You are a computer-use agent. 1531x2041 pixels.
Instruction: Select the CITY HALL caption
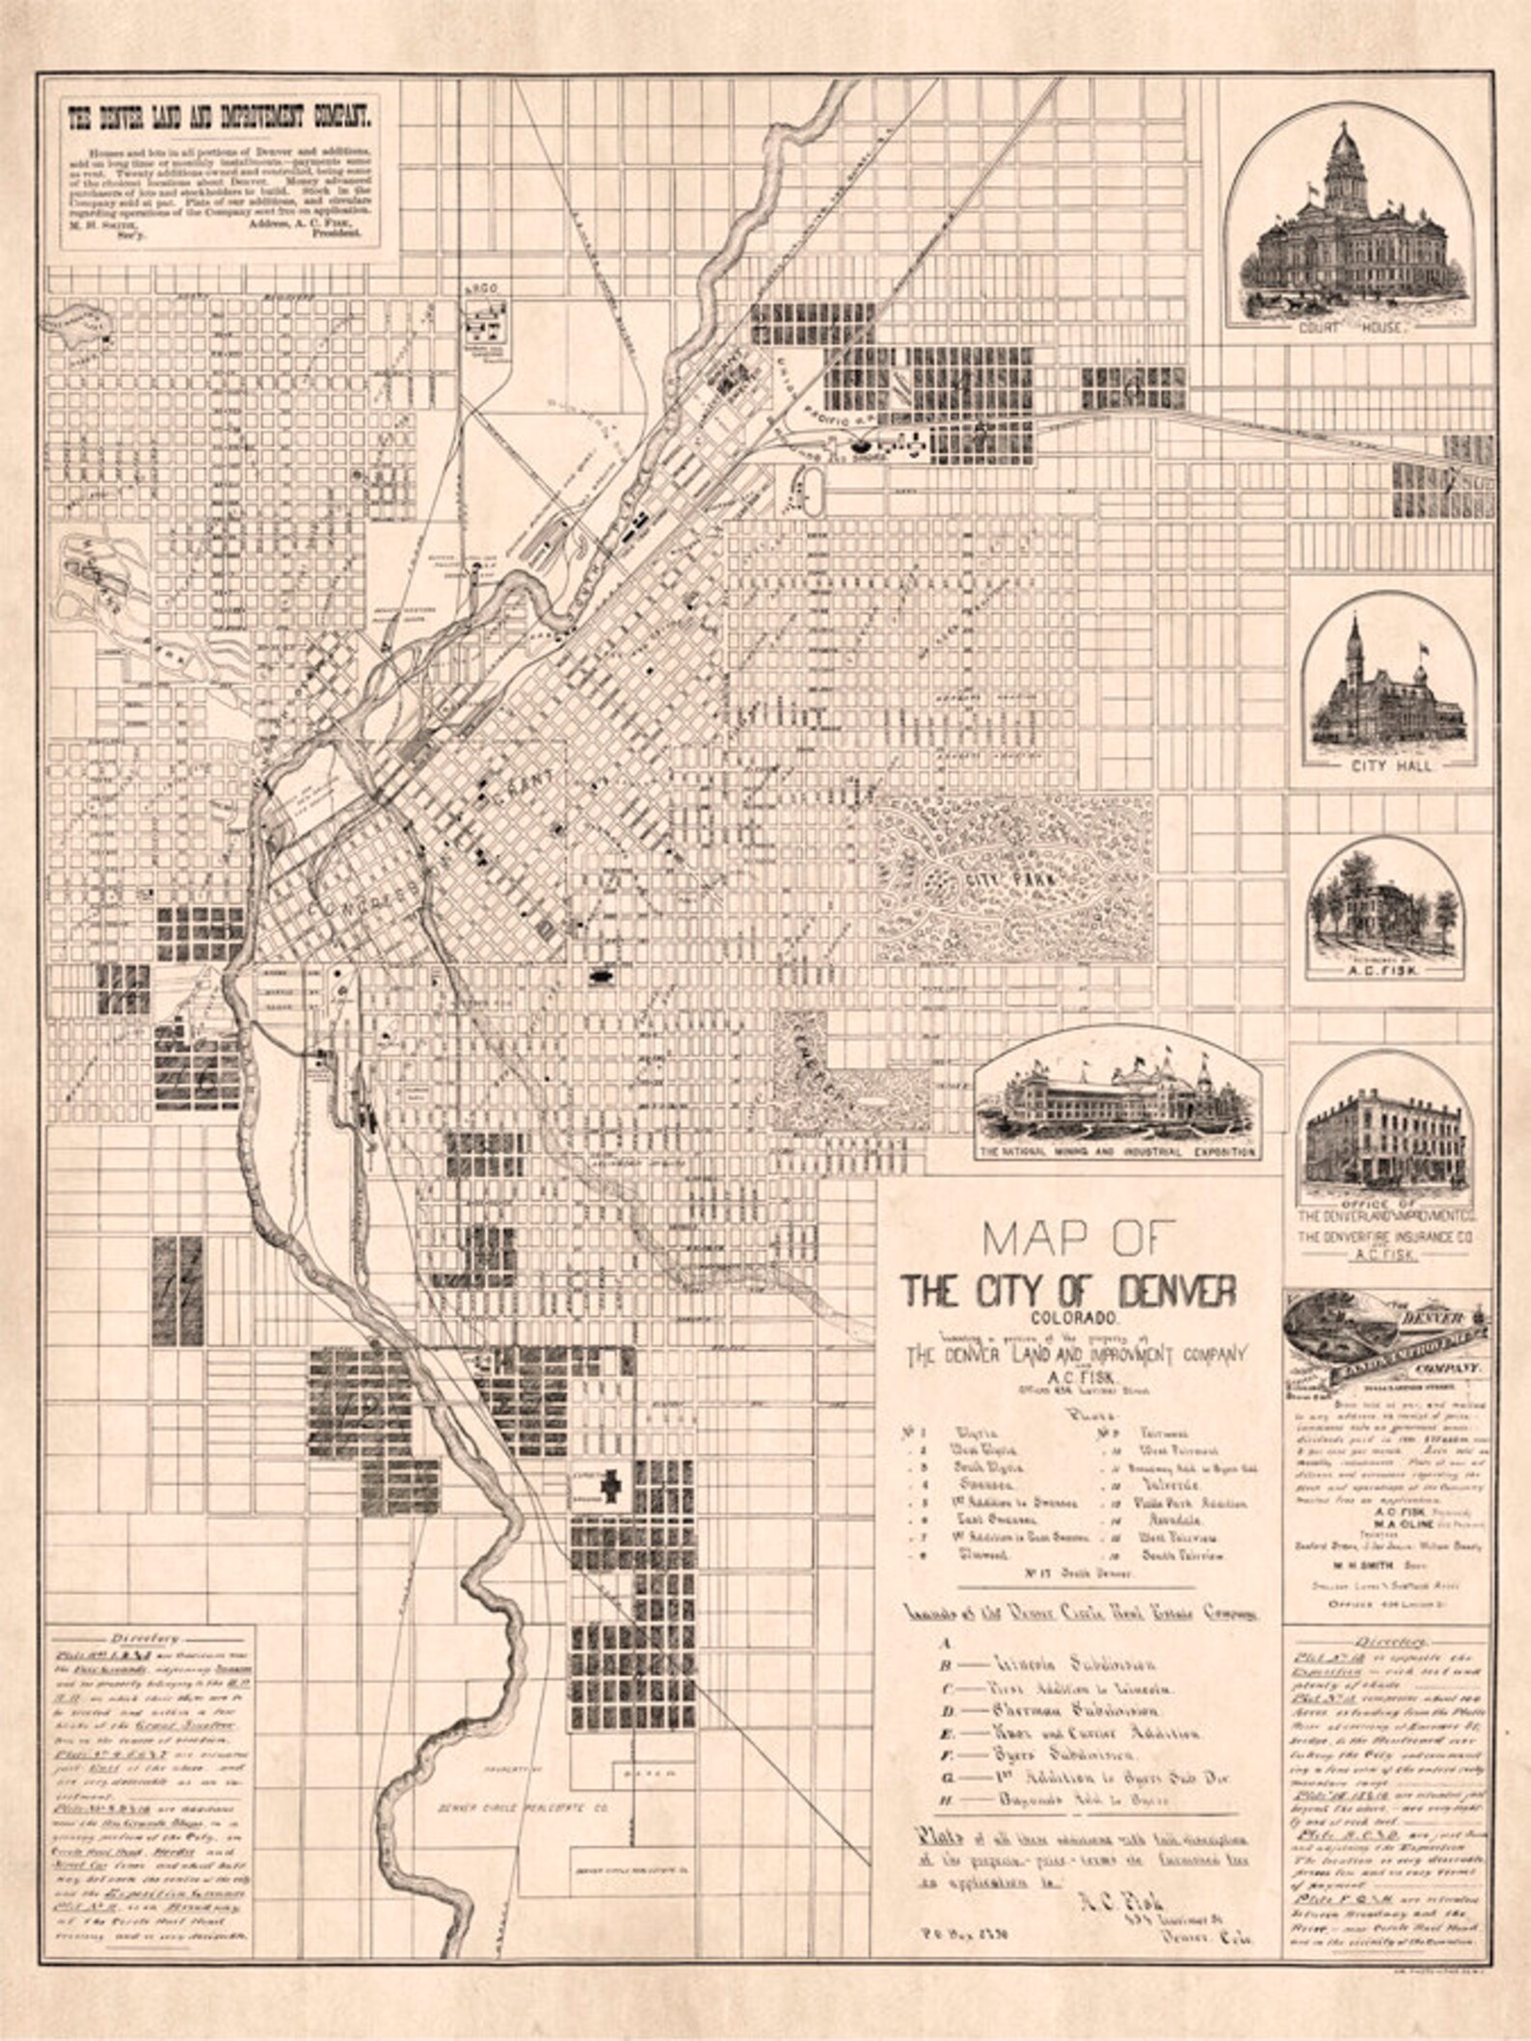tap(1386, 765)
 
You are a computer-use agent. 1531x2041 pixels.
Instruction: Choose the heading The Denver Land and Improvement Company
tap(219, 118)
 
